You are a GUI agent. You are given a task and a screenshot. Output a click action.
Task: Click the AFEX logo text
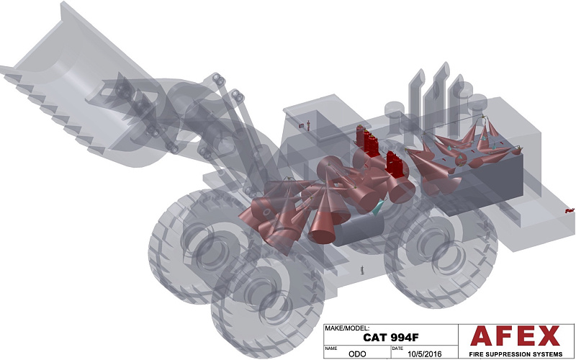point(515,336)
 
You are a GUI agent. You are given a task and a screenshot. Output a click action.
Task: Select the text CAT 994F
point(391,337)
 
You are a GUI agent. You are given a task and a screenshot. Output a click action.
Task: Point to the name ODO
point(357,354)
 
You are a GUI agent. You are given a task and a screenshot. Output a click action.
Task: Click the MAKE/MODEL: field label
point(347,328)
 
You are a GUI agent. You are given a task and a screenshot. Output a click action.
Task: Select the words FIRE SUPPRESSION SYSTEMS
point(516,354)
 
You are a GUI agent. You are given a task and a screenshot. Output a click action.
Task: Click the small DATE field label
point(397,348)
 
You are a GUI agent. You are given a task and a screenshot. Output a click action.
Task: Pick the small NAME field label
point(330,348)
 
